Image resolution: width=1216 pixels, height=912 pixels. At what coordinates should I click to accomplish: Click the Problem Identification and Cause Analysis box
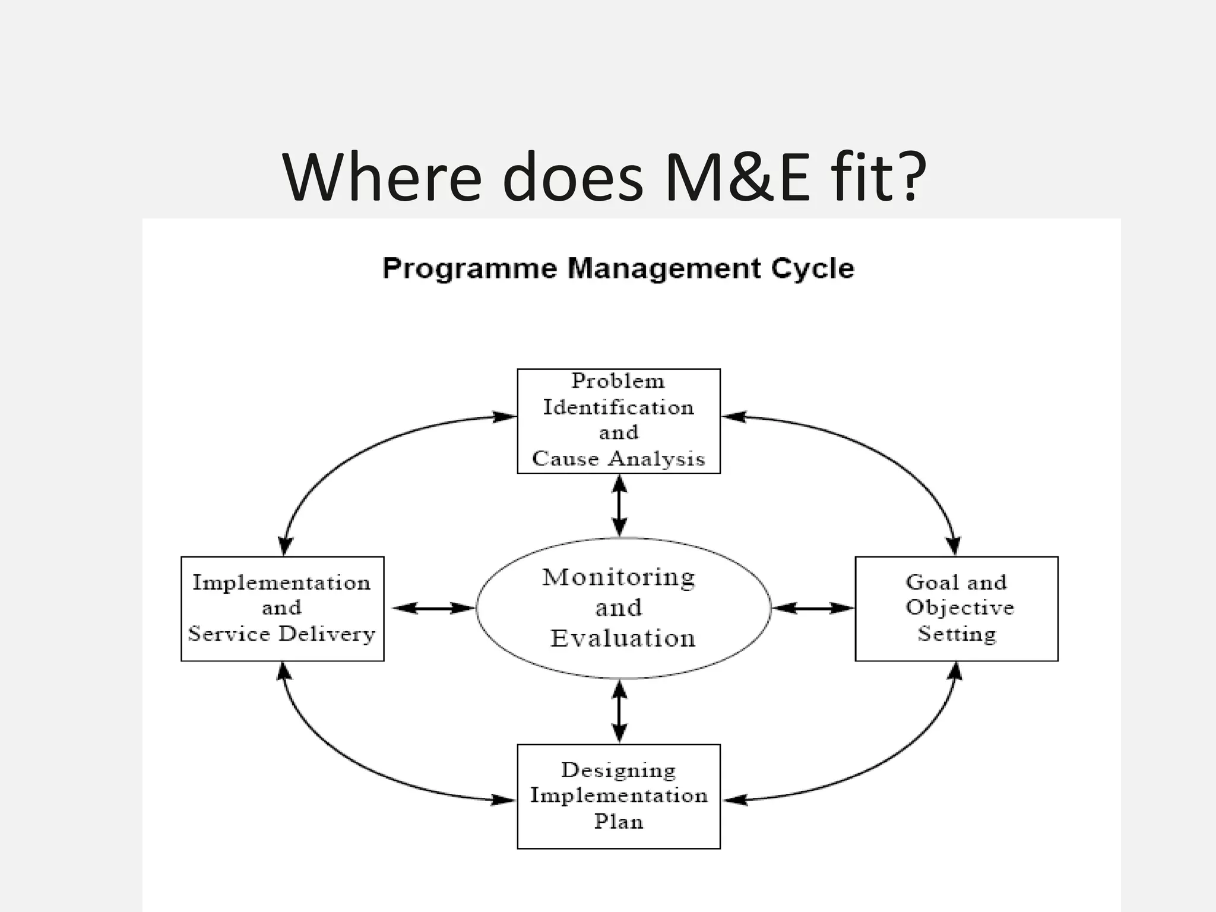pos(619,420)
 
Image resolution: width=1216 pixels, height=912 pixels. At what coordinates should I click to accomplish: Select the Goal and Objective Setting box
pos(956,608)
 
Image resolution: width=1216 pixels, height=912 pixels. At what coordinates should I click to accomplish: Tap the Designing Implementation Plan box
pos(619,796)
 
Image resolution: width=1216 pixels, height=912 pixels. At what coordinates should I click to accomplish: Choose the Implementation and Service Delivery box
pos(282,608)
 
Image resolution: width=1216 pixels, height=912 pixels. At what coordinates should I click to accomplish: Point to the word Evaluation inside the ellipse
pos(622,639)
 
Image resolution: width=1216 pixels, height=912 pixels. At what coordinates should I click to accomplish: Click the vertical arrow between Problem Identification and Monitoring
pos(619,506)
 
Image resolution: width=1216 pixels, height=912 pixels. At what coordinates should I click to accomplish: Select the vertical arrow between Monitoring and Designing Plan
pos(619,711)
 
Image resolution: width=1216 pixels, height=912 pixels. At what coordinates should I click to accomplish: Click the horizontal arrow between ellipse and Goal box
pos(812,608)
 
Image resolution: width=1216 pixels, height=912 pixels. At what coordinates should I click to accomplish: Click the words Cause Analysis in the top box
pos(619,459)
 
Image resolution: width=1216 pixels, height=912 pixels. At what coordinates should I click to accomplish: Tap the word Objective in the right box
pos(959,607)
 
